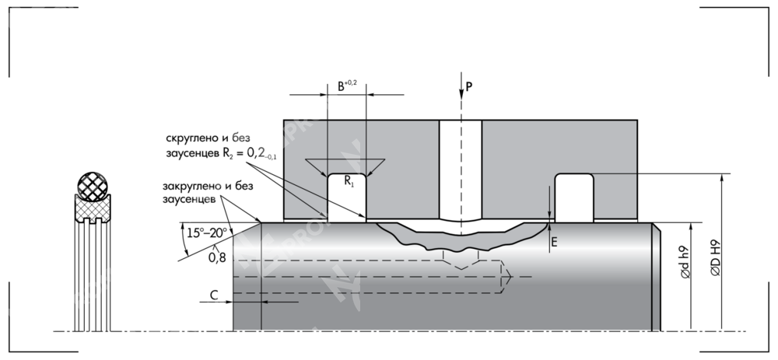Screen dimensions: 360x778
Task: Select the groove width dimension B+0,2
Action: tap(346, 85)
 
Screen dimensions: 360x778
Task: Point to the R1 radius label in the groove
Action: tap(348, 184)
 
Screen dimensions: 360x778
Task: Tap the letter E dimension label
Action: tap(554, 242)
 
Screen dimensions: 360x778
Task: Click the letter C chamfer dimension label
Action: tap(213, 294)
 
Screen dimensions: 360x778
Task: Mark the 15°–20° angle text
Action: tap(206, 231)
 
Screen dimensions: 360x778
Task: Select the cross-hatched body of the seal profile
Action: tap(93, 208)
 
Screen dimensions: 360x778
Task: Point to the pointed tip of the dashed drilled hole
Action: tap(510, 277)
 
